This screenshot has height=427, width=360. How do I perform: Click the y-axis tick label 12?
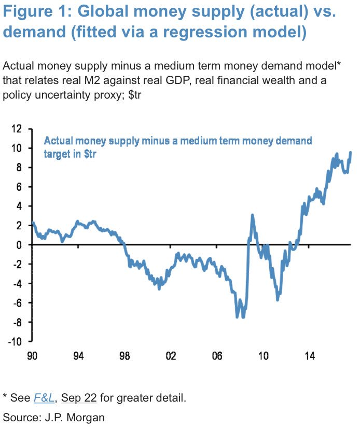tap(19, 129)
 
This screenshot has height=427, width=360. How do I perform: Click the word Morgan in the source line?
tap(90, 417)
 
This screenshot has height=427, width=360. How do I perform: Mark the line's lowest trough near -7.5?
tap(238, 317)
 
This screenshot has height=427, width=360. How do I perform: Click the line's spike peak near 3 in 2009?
tap(252, 215)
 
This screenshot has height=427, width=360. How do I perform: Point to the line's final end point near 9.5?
tap(351, 153)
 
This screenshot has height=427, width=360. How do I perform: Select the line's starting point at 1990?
tap(33, 223)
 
